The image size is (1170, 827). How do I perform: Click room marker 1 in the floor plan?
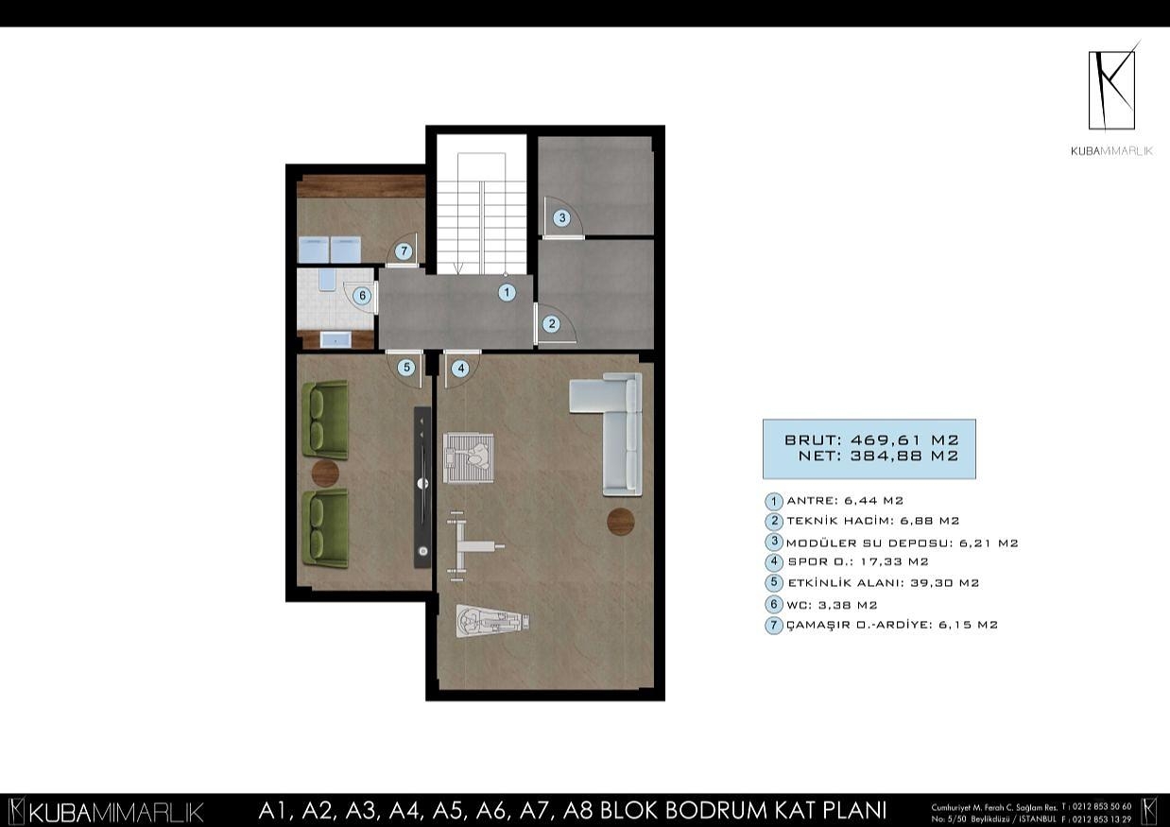click(507, 293)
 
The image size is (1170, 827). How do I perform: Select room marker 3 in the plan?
click(561, 218)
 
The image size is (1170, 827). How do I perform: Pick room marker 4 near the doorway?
click(460, 369)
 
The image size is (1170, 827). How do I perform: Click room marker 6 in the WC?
click(362, 296)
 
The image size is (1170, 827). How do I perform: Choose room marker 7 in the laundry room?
click(404, 251)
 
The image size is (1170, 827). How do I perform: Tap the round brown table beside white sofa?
click(621, 520)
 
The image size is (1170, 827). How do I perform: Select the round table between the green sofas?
click(324, 472)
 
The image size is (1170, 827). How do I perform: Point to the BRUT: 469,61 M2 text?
click(871, 439)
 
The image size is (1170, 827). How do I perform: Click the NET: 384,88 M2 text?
click(878, 456)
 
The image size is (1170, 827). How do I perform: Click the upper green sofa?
click(325, 419)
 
